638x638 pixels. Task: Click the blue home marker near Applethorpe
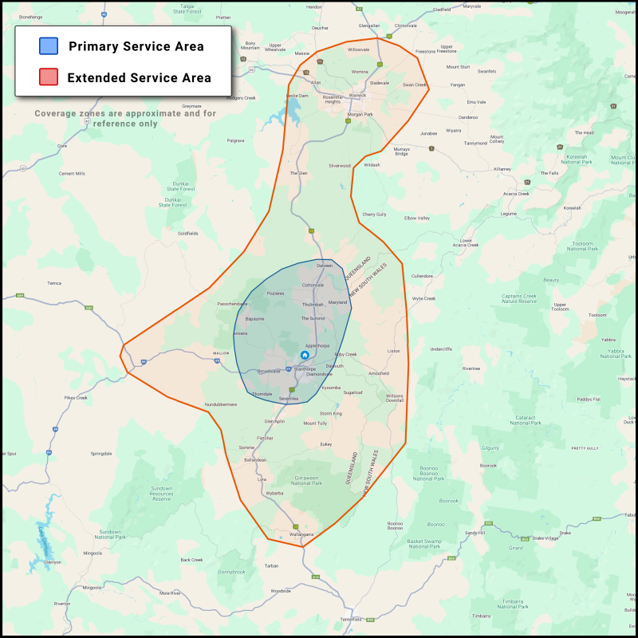click(305, 355)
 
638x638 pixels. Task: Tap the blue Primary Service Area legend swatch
click(48, 46)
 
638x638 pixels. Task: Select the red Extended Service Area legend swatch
click(48, 77)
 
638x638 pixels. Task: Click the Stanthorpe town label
click(305, 369)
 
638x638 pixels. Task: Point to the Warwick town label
click(357, 96)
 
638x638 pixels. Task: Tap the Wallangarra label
click(301, 534)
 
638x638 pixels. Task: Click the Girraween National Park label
click(306, 481)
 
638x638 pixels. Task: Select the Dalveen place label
click(325, 265)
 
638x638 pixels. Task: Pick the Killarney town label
click(502, 169)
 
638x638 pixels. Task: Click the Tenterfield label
click(351, 620)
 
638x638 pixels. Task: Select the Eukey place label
click(325, 443)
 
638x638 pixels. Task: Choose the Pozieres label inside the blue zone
click(275, 293)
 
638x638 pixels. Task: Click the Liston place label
click(393, 351)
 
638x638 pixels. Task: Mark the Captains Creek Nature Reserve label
click(521, 299)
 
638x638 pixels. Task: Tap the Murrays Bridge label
click(401, 152)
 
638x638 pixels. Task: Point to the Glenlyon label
click(53, 561)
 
